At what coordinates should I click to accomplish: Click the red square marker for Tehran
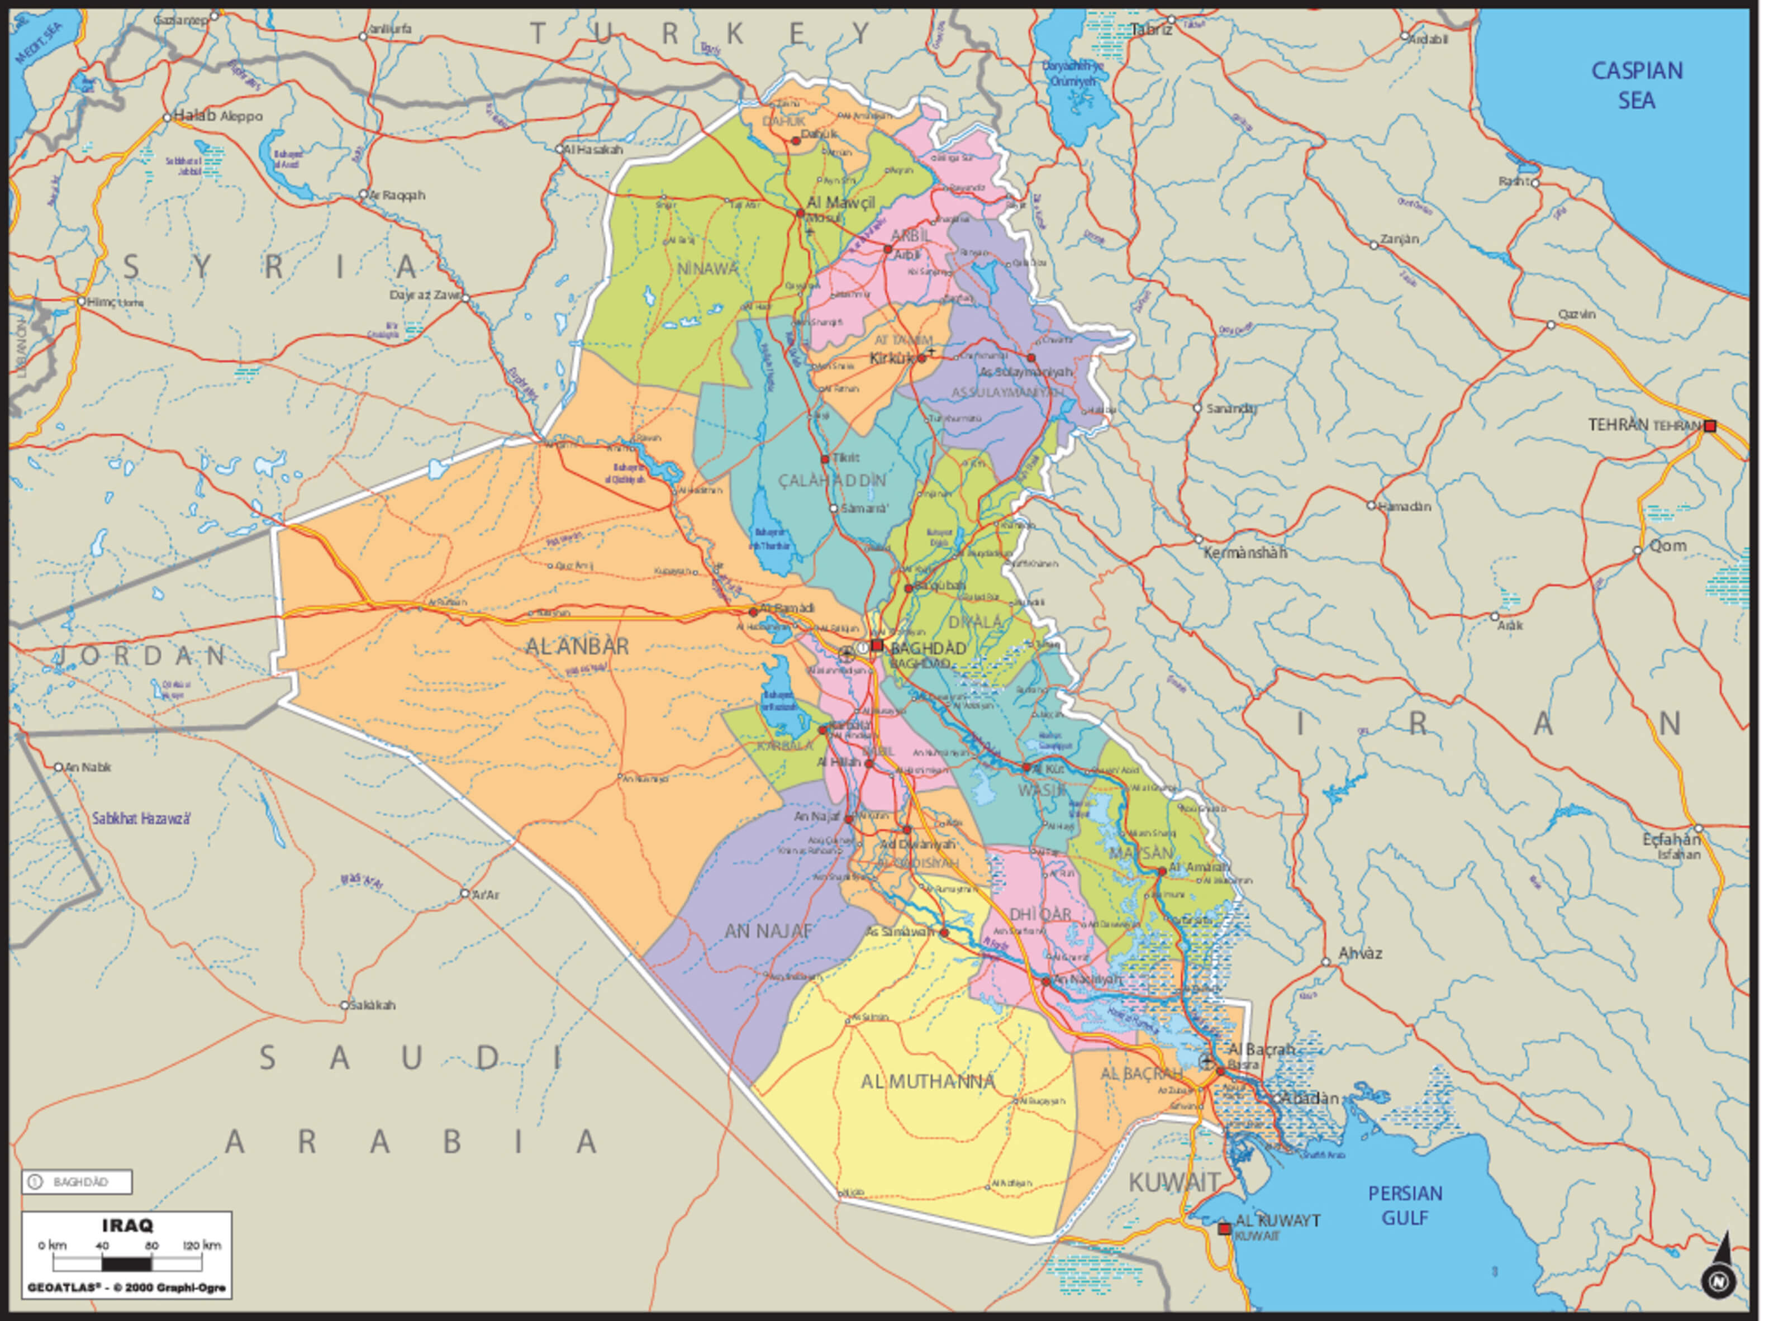(x=1710, y=426)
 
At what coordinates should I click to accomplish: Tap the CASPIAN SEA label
(x=1637, y=85)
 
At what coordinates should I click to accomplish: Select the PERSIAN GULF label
(x=1405, y=1205)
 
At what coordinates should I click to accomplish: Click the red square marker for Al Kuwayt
(x=1224, y=1229)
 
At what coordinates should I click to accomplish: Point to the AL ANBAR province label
(x=577, y=646)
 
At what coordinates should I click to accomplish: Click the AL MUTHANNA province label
(x=928, y=1082)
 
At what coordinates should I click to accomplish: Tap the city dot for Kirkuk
(x=921, y=358)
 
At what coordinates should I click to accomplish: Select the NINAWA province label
(x=708, y=269)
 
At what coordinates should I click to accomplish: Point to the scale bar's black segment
(x=126, y=1264)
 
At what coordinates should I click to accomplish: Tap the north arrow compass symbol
(x=1719, y=1271)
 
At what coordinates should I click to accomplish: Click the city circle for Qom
(x=1638, y=550)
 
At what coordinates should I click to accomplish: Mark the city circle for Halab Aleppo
(x=167, y=117)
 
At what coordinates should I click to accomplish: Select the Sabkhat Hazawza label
(x=141, y=819)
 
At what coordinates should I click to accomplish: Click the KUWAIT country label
(x=1174, y=1182)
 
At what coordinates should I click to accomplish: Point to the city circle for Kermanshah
(x=1199, y=540)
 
